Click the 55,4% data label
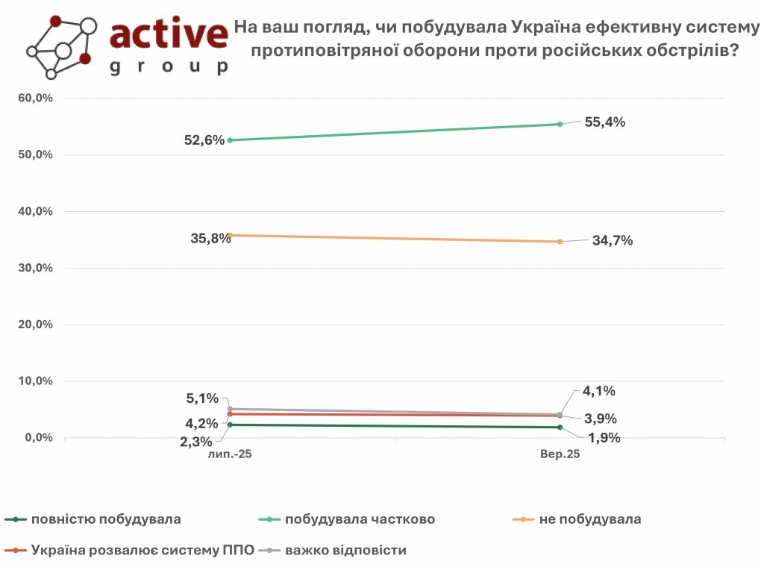click(x=604, y=122)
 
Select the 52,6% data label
click(x=204, y=140)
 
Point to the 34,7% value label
click(x=613, y=240)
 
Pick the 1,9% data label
click(x=604, y=438)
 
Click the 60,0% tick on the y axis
click(x=35, y=98)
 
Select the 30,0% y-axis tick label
click(x=35, y=268)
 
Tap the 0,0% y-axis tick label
click(x=37, y=437)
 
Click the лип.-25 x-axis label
click(x=230, y=454)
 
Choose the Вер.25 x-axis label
click(x=560, y=454)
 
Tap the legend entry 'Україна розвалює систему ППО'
click(x=143, y=551)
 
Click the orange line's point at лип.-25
click(x=230, y=235)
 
